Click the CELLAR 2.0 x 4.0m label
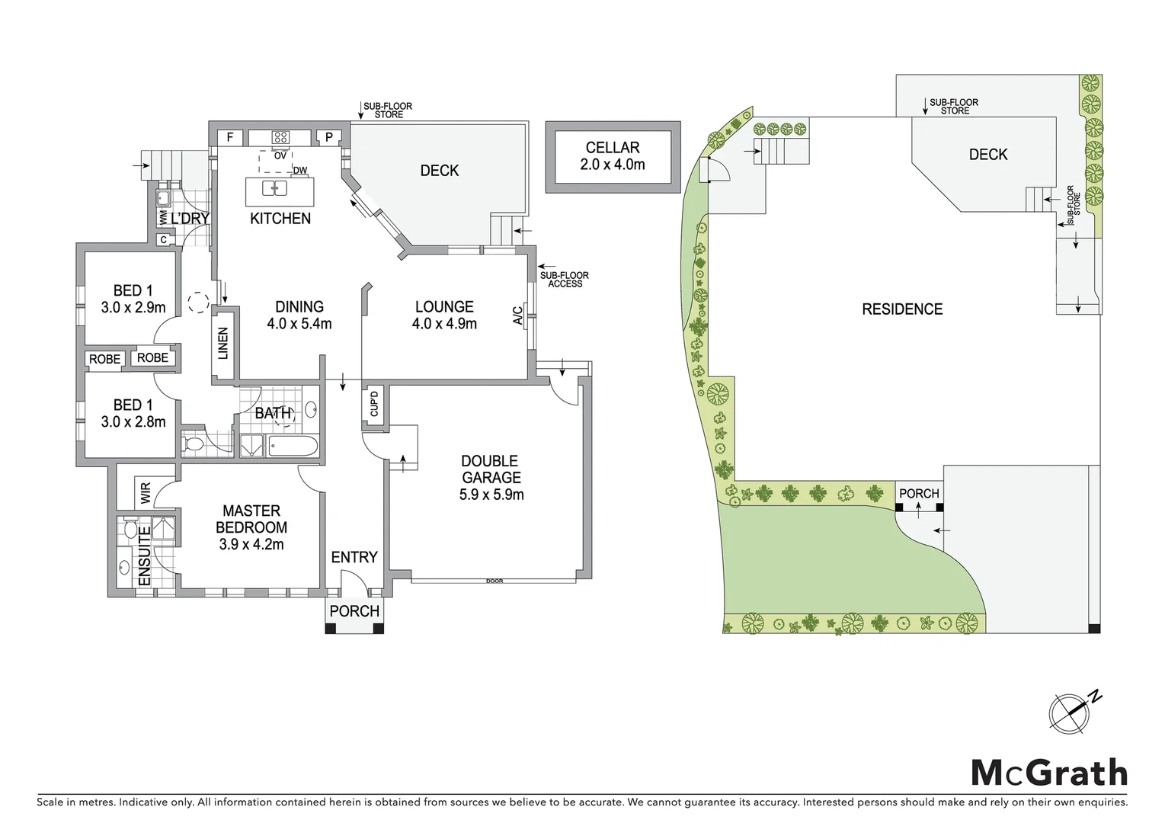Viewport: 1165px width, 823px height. [x=613, y=155]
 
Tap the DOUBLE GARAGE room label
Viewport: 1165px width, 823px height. [x=491, y=478]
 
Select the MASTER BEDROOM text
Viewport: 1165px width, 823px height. [x=251, y=527]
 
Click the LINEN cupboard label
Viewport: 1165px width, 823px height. [x=223, y=343]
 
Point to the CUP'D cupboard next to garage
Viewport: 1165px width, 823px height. [x=374, y=403]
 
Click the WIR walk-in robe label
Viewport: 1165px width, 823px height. [x=146, y=492]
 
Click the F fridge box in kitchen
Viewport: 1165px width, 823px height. [x=229, y=138]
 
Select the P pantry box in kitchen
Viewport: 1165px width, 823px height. [x=329, y=138]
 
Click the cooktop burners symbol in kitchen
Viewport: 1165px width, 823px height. [x=280, y=138]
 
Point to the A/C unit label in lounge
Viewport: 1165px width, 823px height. [x=518, y=315]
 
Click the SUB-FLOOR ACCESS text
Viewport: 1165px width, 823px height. [x=564, y=280]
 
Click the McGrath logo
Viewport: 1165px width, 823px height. [x=1048, y=773]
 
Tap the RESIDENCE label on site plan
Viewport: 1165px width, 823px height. [x=902, y=309]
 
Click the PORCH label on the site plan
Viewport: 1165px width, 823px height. [x=919, y=494]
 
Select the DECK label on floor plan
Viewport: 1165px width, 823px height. [x=440, y=171]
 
